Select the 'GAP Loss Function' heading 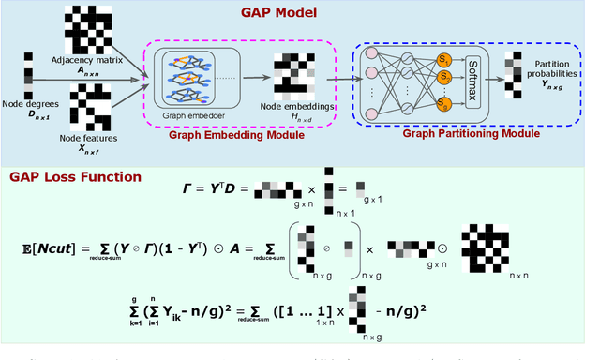point(75,175)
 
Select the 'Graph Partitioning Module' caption point(471,134)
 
